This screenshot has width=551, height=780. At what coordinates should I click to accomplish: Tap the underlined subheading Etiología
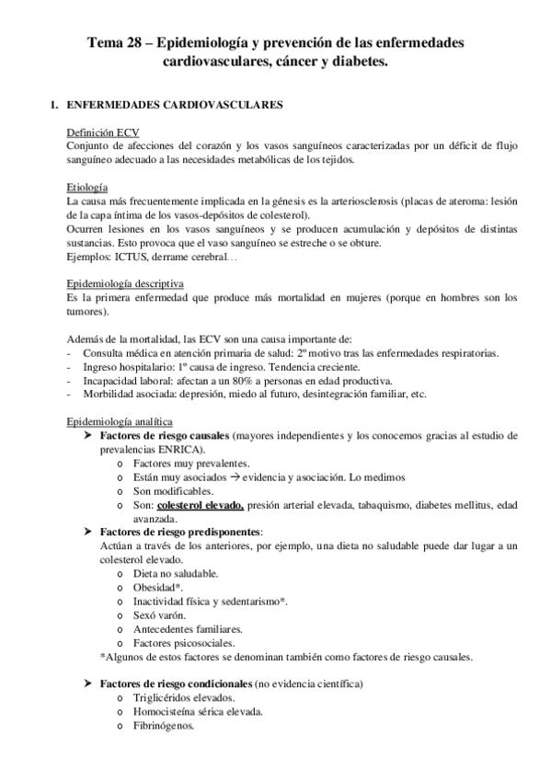pyautogui.click(x=88, y=187)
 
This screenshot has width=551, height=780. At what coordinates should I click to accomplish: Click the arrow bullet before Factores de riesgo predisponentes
pyautogui.click(x=89, y=533)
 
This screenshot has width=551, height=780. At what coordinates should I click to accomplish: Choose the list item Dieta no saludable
pyautogui.click(x=177, y=574)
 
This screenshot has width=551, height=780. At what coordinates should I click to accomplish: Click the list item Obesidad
pyautogui.click(x=158, y=588)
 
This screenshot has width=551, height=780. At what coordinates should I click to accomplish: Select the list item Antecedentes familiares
pyautogui.click(x=188, y=629)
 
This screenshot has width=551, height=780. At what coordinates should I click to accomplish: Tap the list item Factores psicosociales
pyautogui.click(x=181, y=643)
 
